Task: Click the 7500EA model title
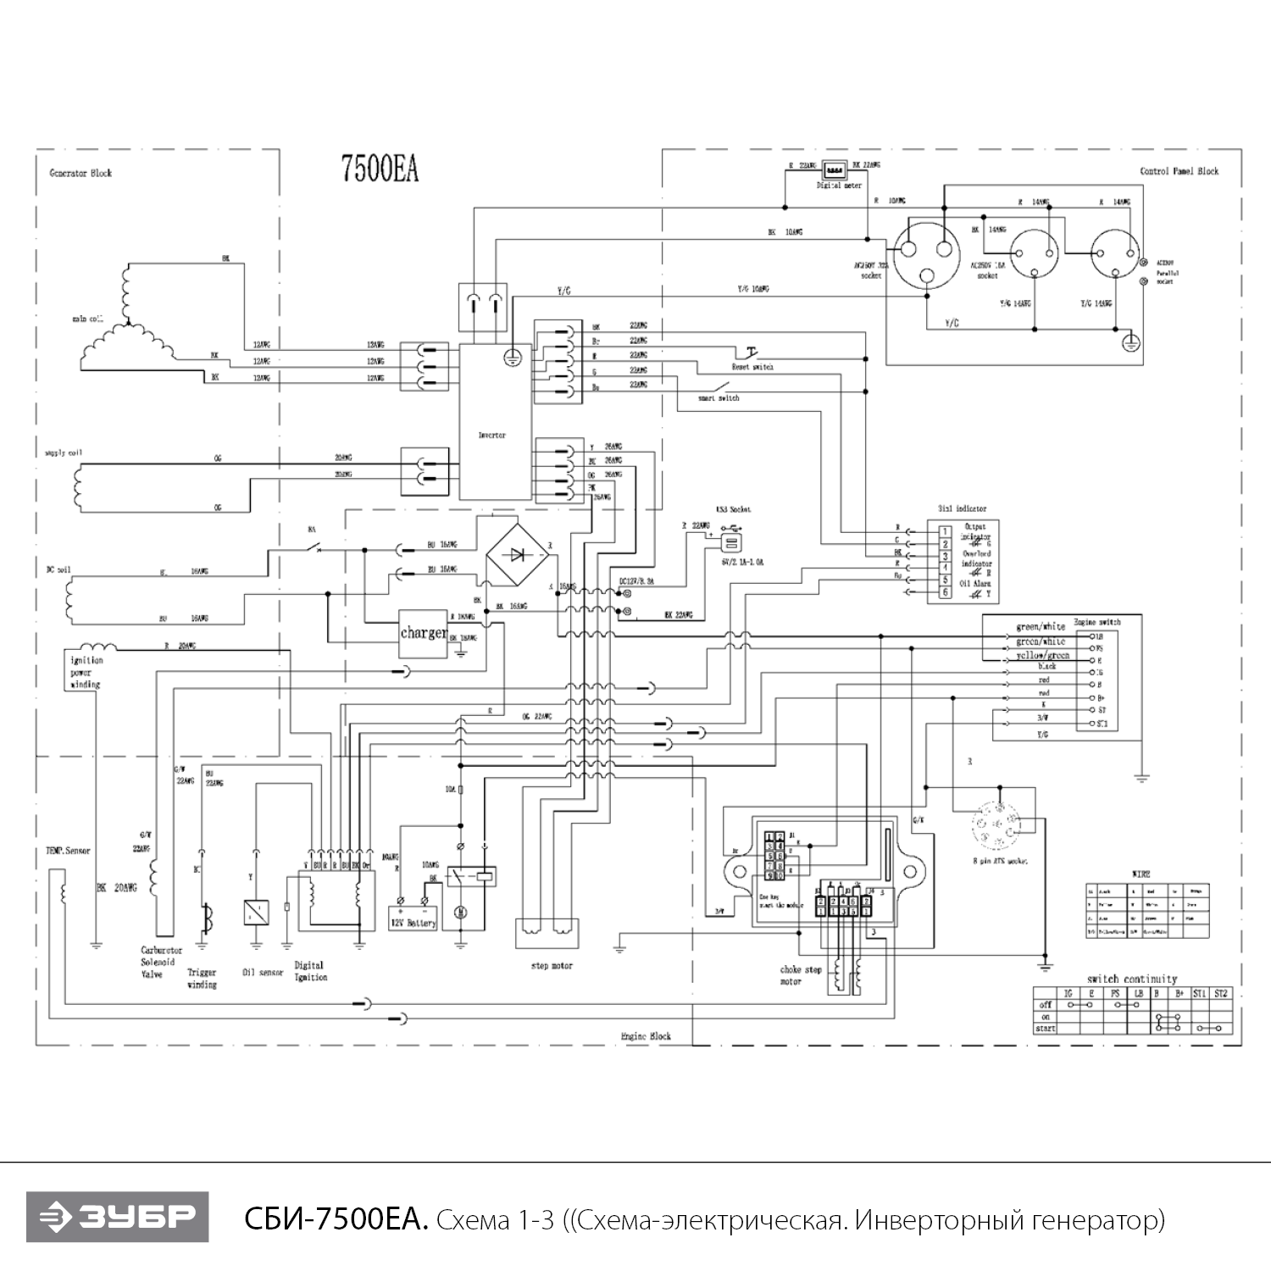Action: (379, 169)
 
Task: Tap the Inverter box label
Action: (491, 435)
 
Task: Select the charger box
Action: (423, 633)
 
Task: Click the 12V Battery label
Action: (412, 922)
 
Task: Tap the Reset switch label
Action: (752, 367)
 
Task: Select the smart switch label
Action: (718, 397)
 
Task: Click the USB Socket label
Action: (733, 509)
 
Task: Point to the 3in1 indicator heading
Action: (962, 508)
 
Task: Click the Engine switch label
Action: (1096, 622)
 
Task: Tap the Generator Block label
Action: (80, 173)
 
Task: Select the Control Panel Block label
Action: (1179, 171)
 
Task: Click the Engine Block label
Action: (646, 1035)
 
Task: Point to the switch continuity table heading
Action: (1132, 979)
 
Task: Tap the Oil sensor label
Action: (263, 973)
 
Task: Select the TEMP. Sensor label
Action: (68, 850)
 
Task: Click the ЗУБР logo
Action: (117, 1217)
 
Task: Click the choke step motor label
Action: (801, 975)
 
